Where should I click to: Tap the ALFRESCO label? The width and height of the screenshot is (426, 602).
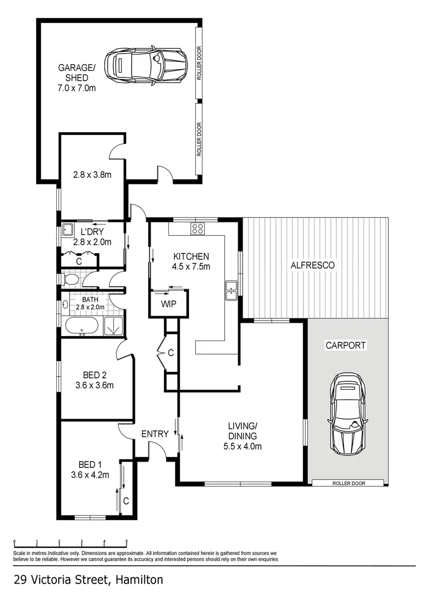[313, 265]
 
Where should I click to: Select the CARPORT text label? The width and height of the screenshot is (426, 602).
[346, 346]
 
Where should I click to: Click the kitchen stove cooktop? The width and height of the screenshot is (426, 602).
[197, 227]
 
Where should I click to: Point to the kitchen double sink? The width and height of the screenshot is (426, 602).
[231, 289]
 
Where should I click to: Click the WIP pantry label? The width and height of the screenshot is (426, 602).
[168, 304]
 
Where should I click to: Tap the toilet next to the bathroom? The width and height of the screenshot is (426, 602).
[71, 278]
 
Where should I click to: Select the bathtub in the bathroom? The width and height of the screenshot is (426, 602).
[82, 326]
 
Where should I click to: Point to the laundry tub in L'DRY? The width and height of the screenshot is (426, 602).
[68, 229]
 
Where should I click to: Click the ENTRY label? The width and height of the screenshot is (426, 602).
[155, 434]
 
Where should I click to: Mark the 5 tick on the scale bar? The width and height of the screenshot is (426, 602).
[127, 541]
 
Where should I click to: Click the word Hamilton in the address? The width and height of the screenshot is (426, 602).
[139, 580]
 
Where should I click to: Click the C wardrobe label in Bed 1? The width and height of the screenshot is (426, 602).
[126, 501]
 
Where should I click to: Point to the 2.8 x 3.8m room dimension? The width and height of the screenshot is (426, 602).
[93, 174]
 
